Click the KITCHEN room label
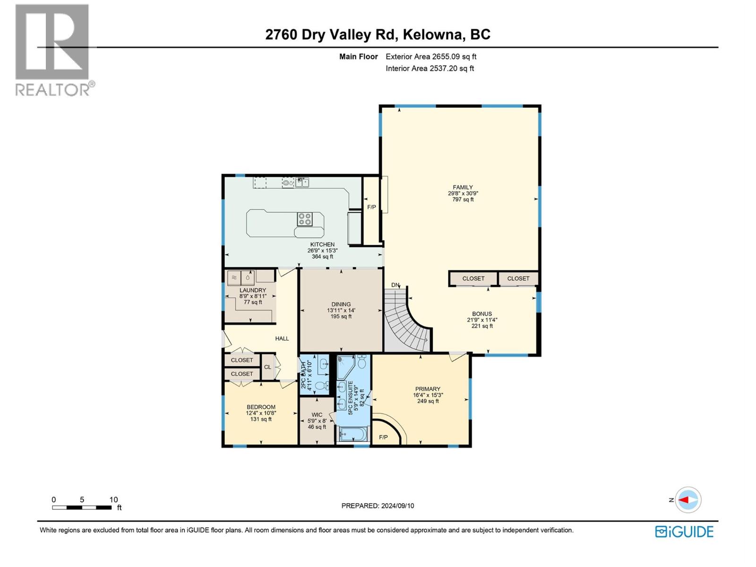[322, 245]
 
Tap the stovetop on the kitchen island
[304, 219]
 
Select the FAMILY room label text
[463, 188]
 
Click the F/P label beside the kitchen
[372, 207]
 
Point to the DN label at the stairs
[395, 285]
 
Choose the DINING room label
[341, 304]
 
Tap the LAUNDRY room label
[253, 290]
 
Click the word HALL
[282, 338]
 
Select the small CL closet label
[267, 367]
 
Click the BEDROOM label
[261, 407]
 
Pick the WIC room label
[317, 415]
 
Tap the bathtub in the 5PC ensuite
[353, 434]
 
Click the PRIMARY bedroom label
[428, 389]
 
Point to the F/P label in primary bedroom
[383, 438]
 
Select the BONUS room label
[482, 314]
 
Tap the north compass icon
[688, 500]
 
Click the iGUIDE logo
[684, 532]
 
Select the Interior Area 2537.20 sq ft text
[430, 69]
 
